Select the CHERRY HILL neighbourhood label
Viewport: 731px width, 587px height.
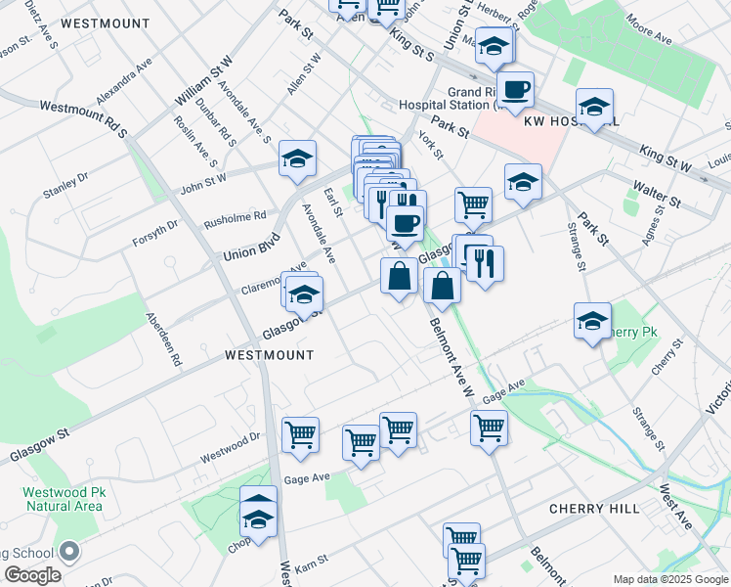594,509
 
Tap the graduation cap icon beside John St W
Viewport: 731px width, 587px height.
297,159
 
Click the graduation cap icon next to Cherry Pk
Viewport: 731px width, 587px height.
592,322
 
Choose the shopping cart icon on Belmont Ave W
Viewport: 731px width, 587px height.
488,428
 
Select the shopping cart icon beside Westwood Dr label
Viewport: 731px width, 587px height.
300,435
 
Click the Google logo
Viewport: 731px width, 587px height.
32,575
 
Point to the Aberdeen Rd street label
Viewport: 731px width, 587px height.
164,339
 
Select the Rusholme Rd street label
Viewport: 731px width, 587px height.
235,221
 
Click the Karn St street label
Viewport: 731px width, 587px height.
311,566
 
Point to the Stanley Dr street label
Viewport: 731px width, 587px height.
65,184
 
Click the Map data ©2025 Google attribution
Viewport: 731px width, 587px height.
669,579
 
